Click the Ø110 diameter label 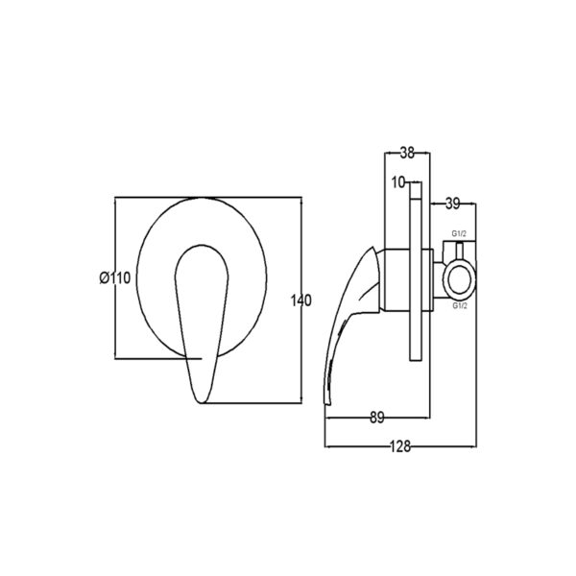(x=115, y=277)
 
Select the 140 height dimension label (x=300, y=300)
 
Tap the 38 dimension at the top (x=407, y=153)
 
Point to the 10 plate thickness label (x=398, y=182)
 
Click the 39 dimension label (x=452, y=204)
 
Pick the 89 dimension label (x=377, y=418)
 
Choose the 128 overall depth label (x=400, y=446)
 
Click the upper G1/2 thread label (x=459, y=233)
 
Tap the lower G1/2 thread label (x=460, y=305)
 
